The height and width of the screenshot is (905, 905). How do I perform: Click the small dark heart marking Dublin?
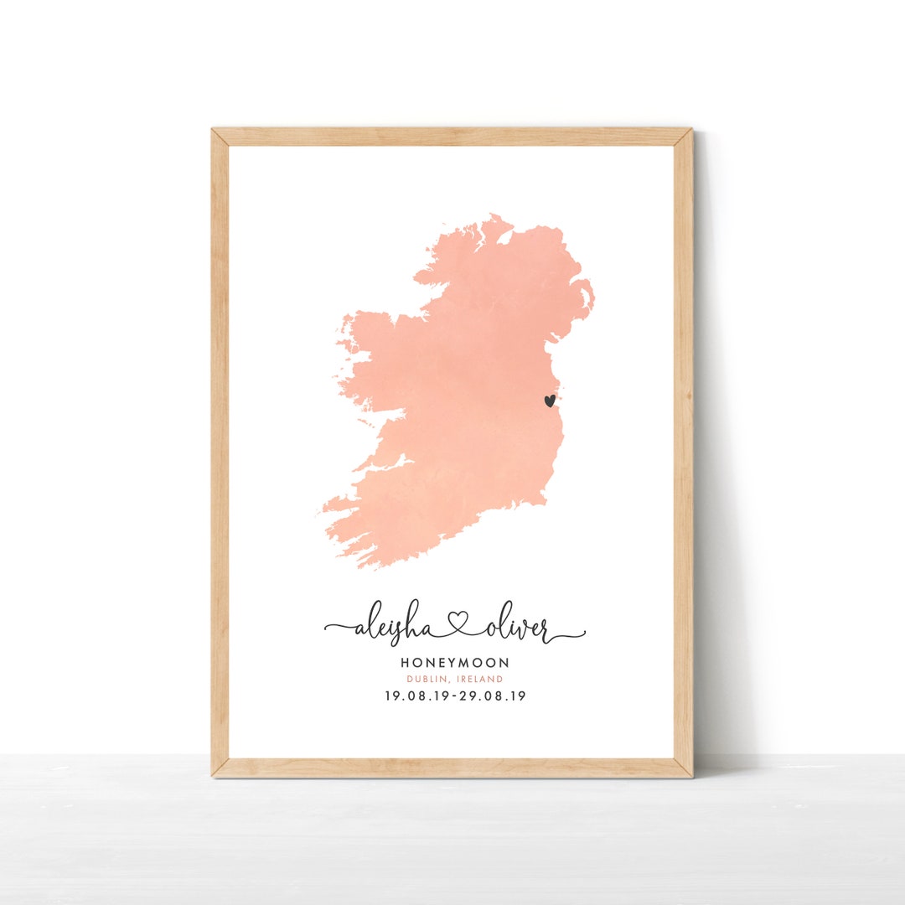(x=549, y=401)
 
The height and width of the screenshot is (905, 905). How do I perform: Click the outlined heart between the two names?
(x=458, y=624)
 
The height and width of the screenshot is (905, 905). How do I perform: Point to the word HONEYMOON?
(x=455, y=663)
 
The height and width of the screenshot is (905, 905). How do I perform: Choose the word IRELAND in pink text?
(x=480, y=680)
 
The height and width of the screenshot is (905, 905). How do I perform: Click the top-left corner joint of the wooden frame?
(x=220, y=137)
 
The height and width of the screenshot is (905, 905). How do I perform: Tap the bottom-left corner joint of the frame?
(x=220, y=768)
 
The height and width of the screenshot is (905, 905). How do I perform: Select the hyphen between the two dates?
(x=455, y=696)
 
